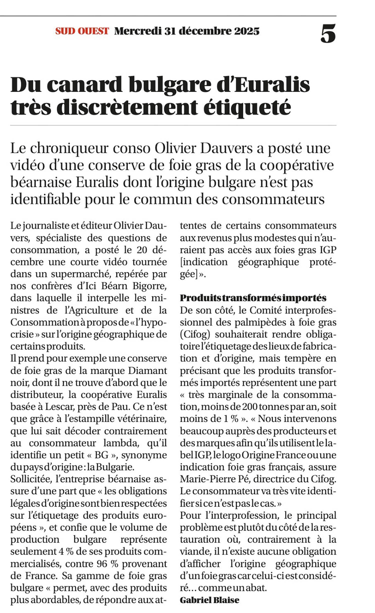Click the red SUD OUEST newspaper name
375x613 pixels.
pyautogui.click(x=82, y=31)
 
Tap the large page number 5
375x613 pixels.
pyautogui.click(x=328, y=33)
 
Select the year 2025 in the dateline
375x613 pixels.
pyautogui.click(x=247, y=31)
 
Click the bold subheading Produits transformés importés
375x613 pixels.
pyautogui.click(x=253, y=298)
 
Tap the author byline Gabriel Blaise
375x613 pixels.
pyautogui.click(x=209, y=600)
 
